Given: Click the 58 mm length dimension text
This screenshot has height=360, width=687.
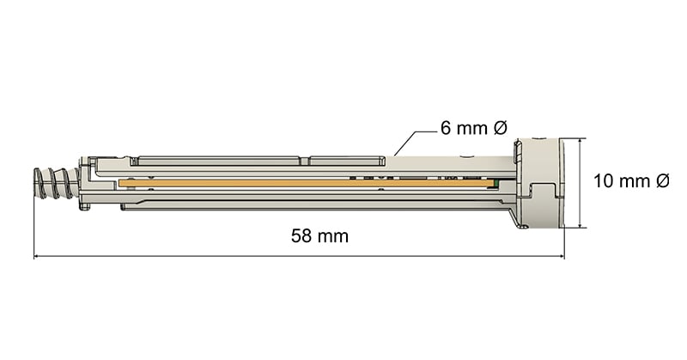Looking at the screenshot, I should point(319,236).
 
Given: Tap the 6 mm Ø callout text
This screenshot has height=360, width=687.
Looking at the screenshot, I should point(474,128).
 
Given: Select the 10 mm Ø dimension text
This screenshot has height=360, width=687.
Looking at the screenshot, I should point(632,181).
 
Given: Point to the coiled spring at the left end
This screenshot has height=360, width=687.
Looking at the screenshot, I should point(53,182).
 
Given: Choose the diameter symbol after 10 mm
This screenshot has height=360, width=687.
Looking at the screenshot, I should point(662,181).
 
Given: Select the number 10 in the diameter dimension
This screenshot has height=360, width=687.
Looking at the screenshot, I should point(603,181).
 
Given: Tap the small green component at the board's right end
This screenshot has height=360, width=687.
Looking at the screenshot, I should point(493,183).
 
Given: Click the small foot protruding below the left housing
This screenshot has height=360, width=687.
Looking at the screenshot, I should point(84,205).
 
